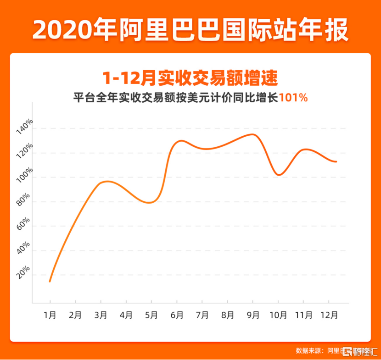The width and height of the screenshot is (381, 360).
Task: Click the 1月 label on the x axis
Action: (50, 316)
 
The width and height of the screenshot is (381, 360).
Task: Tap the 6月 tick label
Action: (177, 316)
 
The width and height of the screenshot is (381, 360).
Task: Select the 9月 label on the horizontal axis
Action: (252, 316)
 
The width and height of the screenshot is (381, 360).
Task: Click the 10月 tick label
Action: (278, 316)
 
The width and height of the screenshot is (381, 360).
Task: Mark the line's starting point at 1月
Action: (50, 281)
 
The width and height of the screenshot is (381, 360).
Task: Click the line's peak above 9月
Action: (252, 134)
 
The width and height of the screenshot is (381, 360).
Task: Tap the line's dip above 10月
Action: (278, 175)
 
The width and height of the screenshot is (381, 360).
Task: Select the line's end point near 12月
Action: (336, 161)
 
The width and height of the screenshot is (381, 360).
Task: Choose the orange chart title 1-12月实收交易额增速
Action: (190, 78)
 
